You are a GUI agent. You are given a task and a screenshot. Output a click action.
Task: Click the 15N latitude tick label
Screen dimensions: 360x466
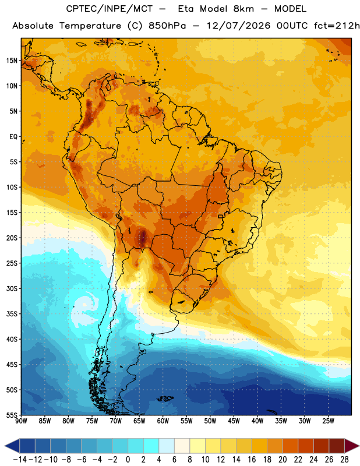(12, 61)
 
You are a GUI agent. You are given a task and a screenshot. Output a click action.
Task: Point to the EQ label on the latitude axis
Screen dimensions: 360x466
(13, 137)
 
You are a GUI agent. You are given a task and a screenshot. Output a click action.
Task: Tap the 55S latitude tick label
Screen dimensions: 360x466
(12, 415)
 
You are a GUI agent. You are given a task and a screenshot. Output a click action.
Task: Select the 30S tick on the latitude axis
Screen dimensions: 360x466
(12, 288)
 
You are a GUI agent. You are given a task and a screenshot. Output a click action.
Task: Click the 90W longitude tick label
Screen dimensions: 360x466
(22, 421)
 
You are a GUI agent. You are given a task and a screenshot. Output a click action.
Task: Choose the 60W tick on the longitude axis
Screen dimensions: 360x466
(163, 421)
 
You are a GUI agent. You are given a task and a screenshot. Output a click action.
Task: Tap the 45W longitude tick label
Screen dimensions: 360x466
(234, 421)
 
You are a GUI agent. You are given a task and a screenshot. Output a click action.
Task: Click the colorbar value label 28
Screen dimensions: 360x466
(344, 460)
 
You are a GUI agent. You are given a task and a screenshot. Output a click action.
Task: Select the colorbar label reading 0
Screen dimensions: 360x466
(128, 460)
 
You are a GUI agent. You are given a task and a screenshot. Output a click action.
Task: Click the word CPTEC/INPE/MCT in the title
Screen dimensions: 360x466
(110, 9)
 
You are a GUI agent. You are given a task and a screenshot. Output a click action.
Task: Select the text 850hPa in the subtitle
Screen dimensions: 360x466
(167, 26)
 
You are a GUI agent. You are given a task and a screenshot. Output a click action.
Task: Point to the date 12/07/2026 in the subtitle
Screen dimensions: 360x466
(238, 26)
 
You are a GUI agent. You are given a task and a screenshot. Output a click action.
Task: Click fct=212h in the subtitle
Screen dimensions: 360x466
(337, 26)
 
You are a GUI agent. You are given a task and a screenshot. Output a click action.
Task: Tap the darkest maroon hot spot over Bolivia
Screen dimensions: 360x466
(143, 237)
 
